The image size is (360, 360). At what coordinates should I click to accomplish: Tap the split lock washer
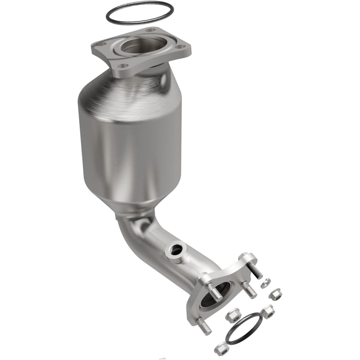click(266, 283)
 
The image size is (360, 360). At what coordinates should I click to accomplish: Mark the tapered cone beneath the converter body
click(135, 202)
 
